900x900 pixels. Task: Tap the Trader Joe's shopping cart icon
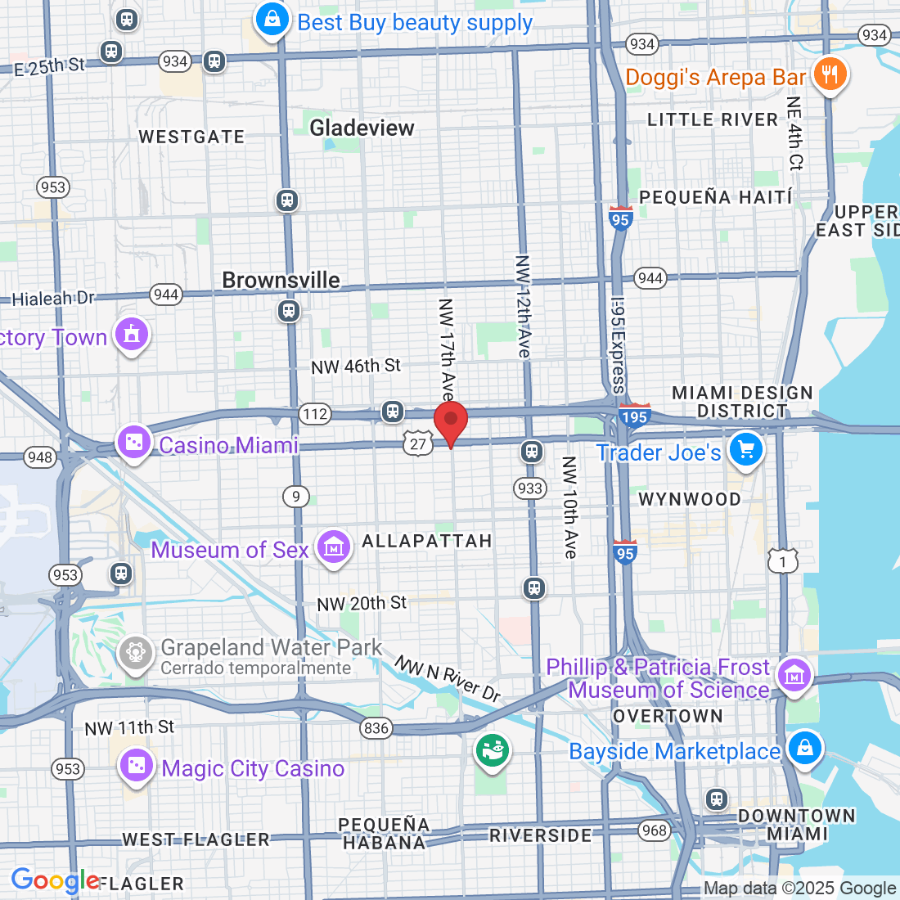745,449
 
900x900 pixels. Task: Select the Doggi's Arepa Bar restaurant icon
830,75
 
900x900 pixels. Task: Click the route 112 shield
315,414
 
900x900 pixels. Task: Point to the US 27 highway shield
418,443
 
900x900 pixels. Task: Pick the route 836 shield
376,727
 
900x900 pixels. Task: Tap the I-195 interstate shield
634,416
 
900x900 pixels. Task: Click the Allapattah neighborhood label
427,541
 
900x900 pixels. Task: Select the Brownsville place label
281,280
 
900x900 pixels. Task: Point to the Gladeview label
362,128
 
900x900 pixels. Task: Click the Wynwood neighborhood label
689,499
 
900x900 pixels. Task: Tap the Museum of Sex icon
334,547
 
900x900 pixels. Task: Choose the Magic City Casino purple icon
136,766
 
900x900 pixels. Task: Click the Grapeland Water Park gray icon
136,652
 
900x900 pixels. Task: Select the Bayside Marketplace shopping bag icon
804,748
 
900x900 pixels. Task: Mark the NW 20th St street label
362,604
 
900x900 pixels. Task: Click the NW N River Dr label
448,678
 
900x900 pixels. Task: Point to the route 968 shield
655,830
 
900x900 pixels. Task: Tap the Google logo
55,880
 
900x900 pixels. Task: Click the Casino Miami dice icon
133,443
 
